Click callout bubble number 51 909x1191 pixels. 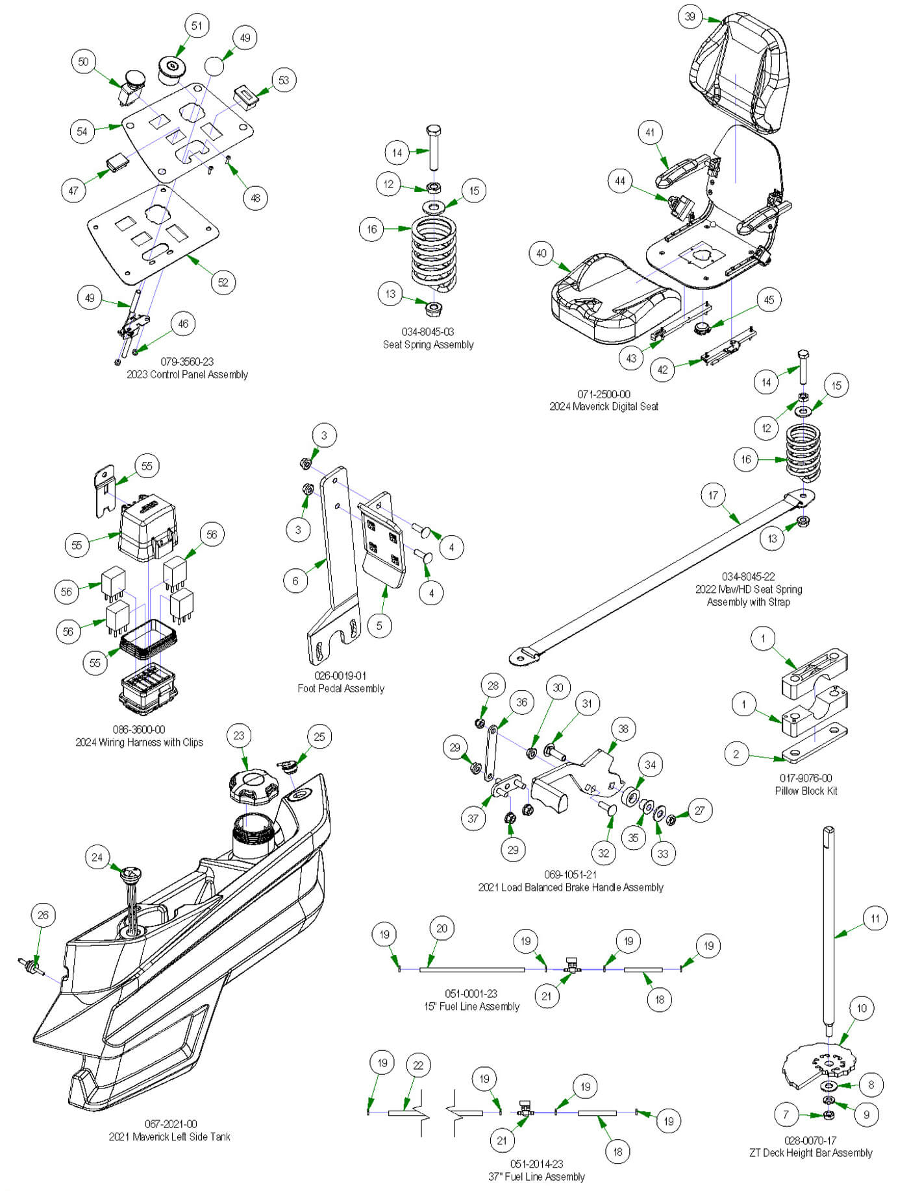(197, 26)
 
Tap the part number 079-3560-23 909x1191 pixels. (187, 361)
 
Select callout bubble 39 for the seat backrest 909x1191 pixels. (690, 17)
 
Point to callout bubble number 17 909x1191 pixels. (713, 496)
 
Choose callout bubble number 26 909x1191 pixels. (43, 915)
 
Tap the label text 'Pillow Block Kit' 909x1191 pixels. (806, 791)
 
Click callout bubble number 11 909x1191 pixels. (875, 918)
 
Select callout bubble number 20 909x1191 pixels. (442, 928)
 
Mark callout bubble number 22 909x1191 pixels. (418, 1065)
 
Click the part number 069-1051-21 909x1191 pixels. (570, 874)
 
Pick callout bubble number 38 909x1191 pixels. (623, 728)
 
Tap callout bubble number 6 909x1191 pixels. (295, 581)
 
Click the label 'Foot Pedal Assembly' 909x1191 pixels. (341, 688)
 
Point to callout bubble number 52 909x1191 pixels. (223, 282)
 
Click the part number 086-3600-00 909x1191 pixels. (139, 729)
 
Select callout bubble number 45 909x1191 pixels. (769, 300)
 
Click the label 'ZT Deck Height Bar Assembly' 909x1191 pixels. (810, 1153)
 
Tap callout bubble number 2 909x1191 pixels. (736, 754)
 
